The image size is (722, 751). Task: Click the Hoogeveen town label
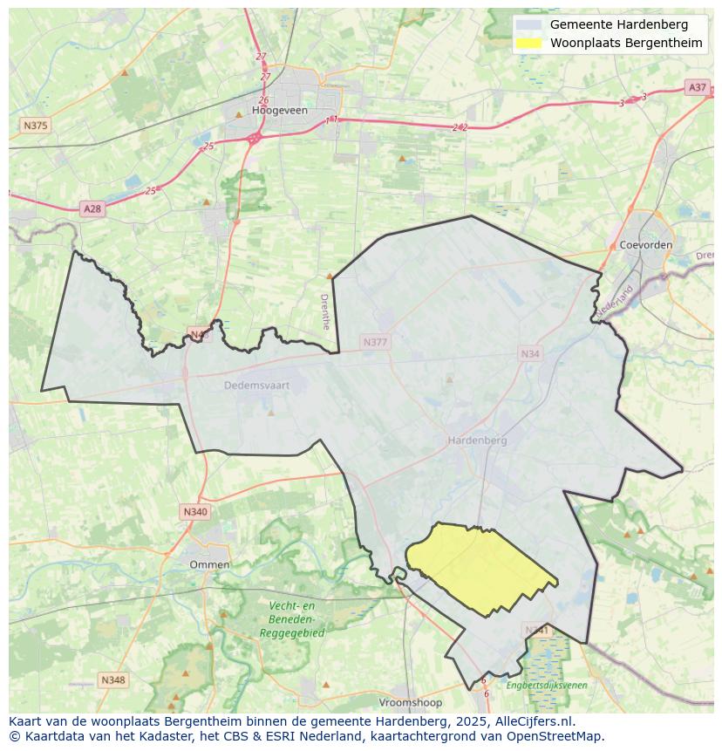click(x=275, y=111)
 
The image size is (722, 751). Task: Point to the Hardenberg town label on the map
click(x=477, y=440)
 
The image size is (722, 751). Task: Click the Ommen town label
click(x=209, y=564)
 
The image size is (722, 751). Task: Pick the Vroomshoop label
click(x=410, y=702)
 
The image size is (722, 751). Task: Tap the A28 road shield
click(x=92, y=208)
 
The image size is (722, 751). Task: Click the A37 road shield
click(x=697, y=87)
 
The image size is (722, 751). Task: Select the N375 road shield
click(x=35, y=126)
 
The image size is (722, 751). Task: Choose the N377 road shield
click(x=375, y=343)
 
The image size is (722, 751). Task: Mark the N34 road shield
click(x=530, y=353)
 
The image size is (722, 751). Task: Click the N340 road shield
click(x=195, y=512)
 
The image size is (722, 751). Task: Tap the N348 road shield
click(x=112, y=679)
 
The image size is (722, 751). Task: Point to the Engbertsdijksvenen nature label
click(x=547, y=686)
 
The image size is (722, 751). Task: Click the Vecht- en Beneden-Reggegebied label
click(x=291, y=619)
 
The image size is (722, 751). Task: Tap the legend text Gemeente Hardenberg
click(x=618, y=24)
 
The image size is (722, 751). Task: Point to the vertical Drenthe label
click(x=325, y=311)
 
